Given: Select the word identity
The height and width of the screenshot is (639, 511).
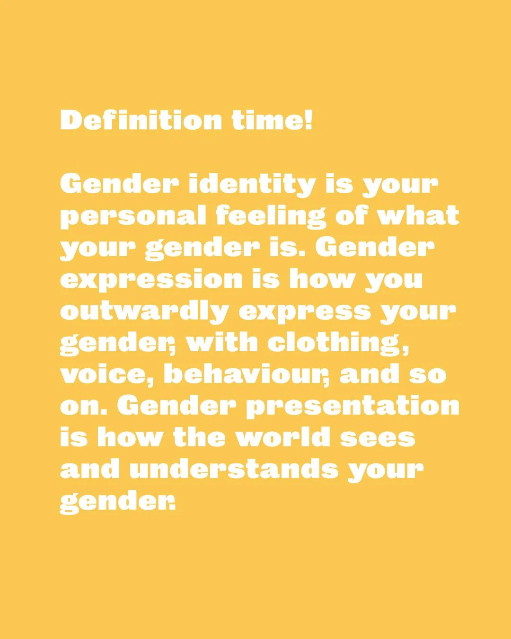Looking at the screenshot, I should pos(251,184).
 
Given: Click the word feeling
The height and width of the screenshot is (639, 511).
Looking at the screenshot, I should pos(271,216).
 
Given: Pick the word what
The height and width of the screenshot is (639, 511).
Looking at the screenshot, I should pos(418,215).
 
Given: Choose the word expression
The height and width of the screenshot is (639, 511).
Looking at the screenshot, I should pos(151,280).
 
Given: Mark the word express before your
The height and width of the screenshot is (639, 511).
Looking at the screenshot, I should pos(305,312).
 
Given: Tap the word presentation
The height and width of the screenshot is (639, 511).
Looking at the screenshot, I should pos(352,407).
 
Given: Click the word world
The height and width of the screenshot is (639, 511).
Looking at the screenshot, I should pos(282,437).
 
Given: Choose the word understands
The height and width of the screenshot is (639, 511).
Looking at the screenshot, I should pos(233,469).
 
